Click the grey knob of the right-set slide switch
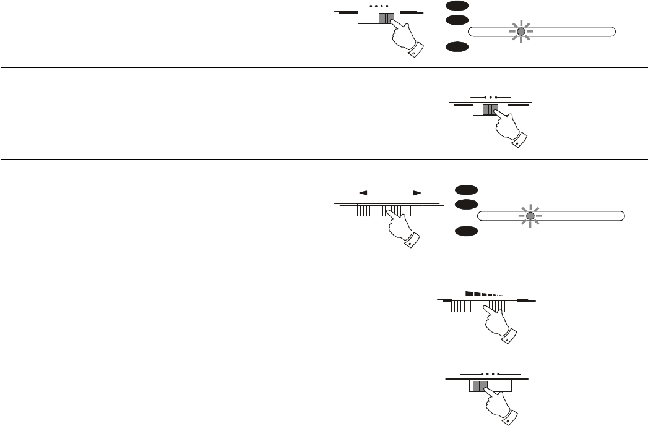[386, 19]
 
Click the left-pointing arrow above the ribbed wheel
[363, 193]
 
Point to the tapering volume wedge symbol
[483, 294]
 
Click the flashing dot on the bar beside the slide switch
[521, 32]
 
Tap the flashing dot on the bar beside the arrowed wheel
[530, 215]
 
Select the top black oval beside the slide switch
[456, 5]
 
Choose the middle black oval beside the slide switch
[456, 21]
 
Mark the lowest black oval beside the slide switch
[456, 46]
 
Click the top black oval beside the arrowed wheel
[465, 189]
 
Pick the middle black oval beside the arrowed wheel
[465, 204]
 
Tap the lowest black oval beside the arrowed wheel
[465, 231]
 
